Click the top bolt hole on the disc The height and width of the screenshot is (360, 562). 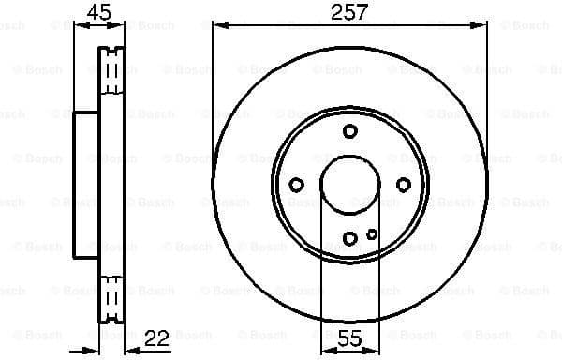coord(349,131)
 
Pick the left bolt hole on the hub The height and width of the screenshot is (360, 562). coord(296,185)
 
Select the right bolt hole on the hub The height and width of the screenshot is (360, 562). coord(404,185)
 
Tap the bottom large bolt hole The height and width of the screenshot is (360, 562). coord(349,238)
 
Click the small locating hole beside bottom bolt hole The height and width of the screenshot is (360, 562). coord(372,233)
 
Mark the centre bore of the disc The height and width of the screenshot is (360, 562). coord(349,185)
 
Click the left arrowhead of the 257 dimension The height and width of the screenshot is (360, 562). coord(218,25)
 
